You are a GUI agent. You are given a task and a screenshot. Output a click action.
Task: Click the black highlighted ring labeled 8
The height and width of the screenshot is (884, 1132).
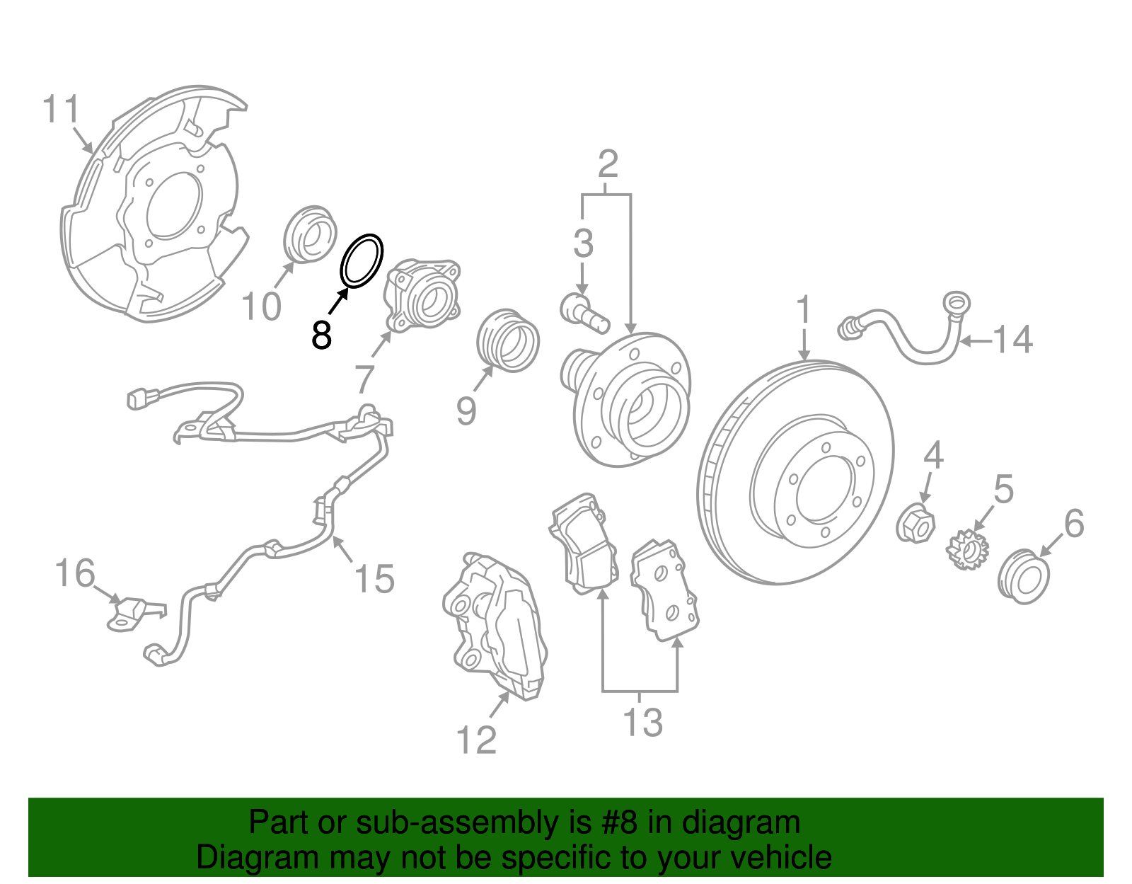tap(362, 261)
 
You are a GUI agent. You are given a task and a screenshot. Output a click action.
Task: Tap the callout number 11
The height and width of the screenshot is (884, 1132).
tap(61, 110)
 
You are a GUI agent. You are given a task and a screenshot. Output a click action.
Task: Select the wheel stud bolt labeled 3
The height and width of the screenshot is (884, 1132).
tap(584, 312)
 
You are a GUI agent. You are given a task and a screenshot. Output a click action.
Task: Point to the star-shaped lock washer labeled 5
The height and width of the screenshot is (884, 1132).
tap(967, 549)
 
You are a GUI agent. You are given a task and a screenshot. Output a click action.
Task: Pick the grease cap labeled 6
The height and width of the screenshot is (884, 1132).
tap(1024, 576)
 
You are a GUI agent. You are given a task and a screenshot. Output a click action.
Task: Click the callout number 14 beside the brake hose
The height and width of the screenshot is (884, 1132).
tap(1012, 340)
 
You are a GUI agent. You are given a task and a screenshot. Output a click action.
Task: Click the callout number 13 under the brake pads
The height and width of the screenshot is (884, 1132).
tap(642, 723)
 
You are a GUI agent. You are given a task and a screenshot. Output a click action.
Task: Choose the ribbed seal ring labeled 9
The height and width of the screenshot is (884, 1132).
tap(507, 340)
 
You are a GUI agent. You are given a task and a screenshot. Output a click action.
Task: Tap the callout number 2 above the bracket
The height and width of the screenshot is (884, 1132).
tap(607, 165)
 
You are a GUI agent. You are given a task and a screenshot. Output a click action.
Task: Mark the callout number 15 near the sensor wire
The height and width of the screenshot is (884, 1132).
tap(374, 580)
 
